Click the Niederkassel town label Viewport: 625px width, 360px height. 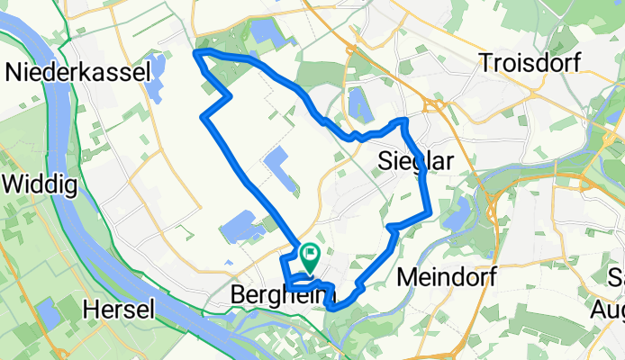pos(77,73)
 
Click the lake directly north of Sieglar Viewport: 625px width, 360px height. pos(360,102)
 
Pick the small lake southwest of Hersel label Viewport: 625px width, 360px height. pos(48,316)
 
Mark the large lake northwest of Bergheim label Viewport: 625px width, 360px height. pos(238,225)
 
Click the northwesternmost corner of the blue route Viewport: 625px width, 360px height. pos(197,55)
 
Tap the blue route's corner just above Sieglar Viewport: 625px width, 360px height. pos(404,121)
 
